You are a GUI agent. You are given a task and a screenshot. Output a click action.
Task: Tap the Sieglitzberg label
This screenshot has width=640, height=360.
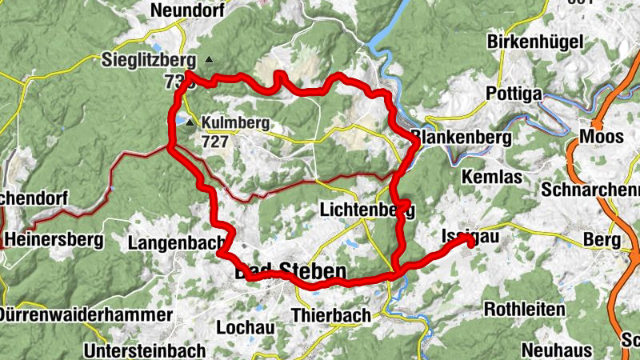click(149, 59)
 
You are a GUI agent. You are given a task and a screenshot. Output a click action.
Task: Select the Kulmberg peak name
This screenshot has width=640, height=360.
click(236, 123)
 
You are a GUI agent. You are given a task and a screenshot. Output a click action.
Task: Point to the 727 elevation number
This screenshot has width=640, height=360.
click(215, 142)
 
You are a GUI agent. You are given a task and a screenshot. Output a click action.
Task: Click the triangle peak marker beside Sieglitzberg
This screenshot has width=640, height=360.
click(209, 60)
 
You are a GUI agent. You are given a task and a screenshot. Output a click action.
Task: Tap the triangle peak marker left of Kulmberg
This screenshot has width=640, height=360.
click(190, 123)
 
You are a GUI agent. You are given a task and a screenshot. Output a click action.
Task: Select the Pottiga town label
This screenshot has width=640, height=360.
click(514, 94)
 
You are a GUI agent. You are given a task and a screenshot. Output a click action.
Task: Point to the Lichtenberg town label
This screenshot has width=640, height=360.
click(366, 210)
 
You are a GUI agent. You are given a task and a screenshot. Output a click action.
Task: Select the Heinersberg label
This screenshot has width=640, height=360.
click(54, 238)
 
